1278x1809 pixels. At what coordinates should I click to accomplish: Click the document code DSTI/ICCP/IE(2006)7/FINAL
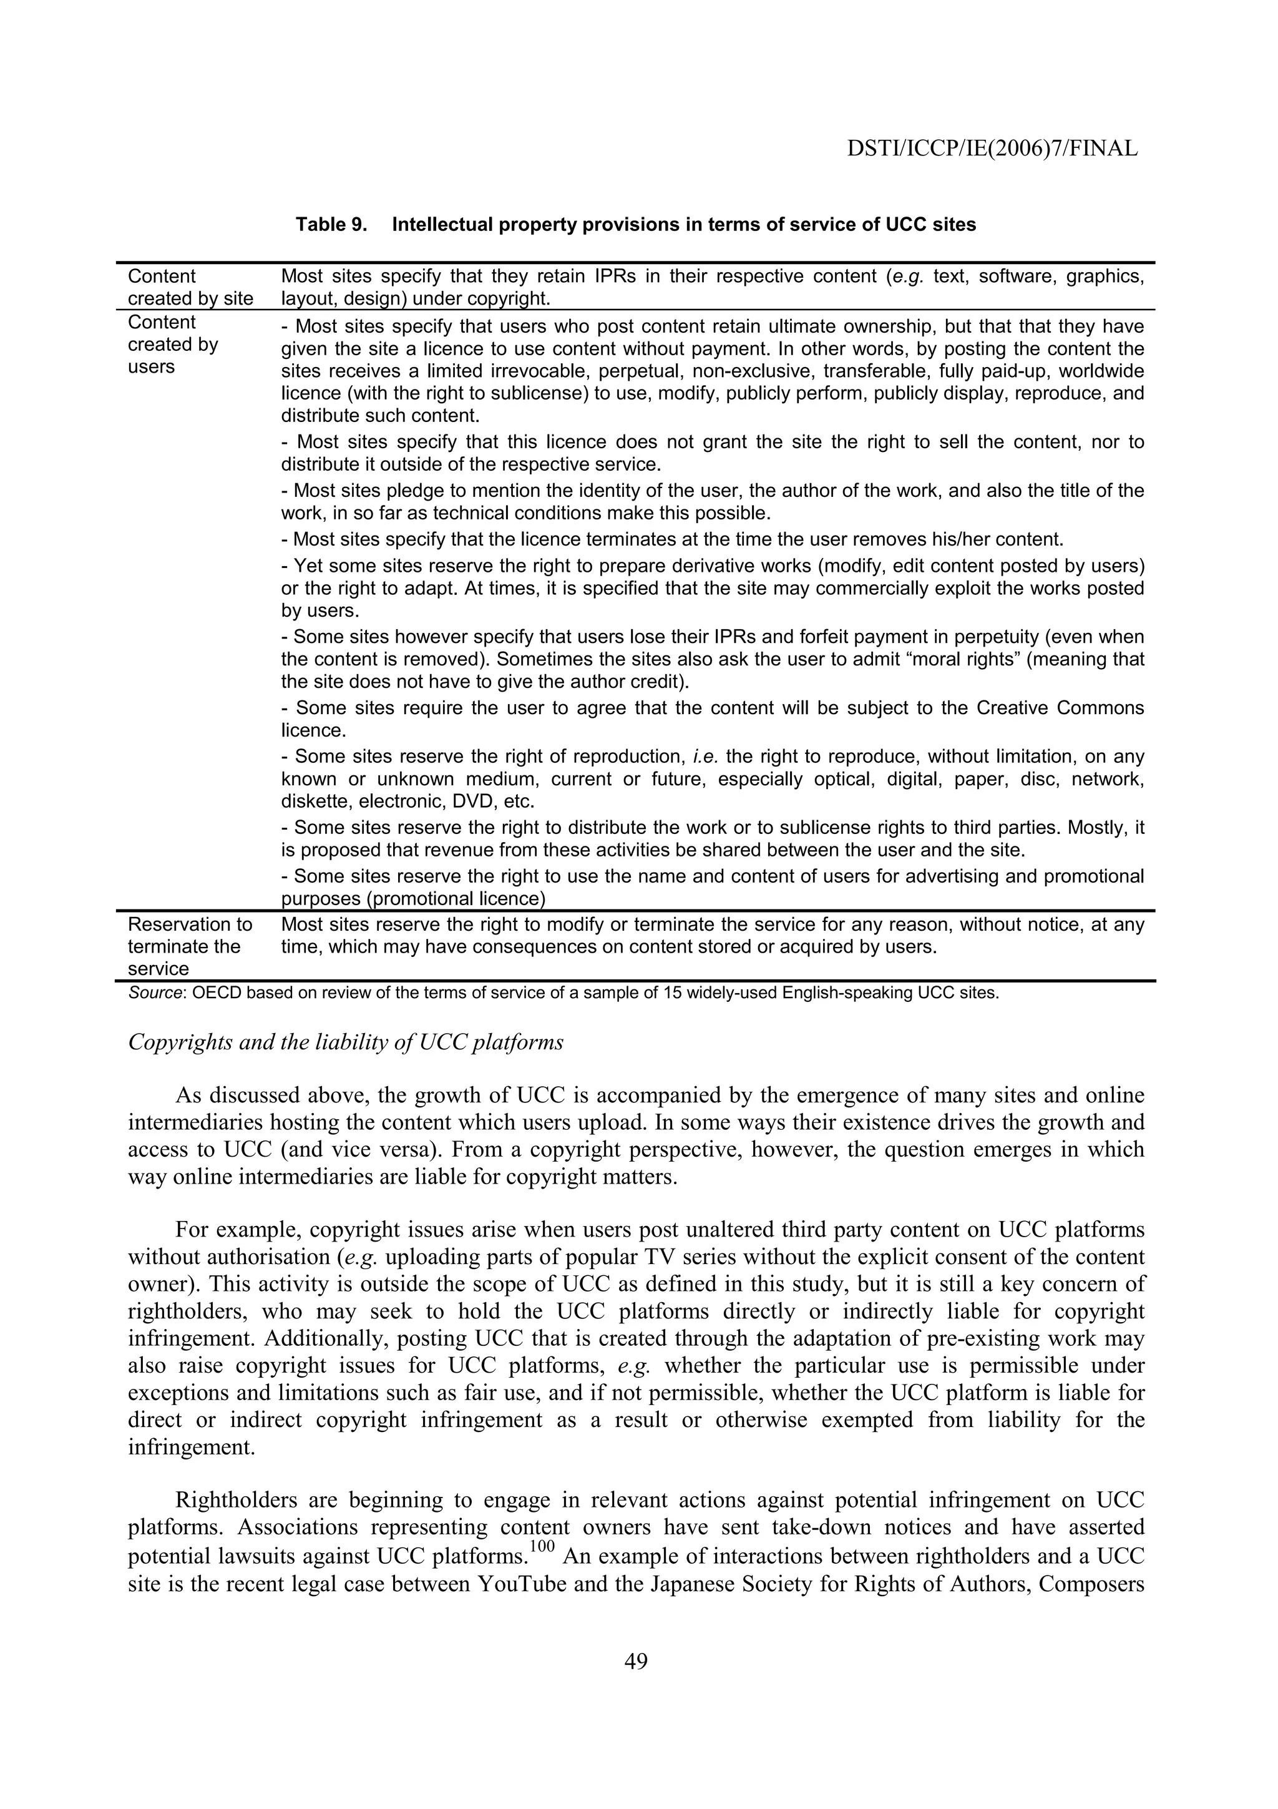(x=992, y=148)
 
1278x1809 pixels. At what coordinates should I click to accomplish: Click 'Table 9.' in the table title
(x=331, y=225)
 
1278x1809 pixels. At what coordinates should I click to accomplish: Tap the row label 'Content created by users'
(x=173, y=345)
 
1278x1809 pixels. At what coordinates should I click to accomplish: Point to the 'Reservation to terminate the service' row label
(x=190, y=946)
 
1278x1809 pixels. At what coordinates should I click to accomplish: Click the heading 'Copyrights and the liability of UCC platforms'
(x=346, y=1042)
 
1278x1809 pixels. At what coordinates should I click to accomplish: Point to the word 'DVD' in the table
(x=472, y=802)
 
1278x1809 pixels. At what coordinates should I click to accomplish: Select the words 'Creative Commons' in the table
(x=1060, y=708)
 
